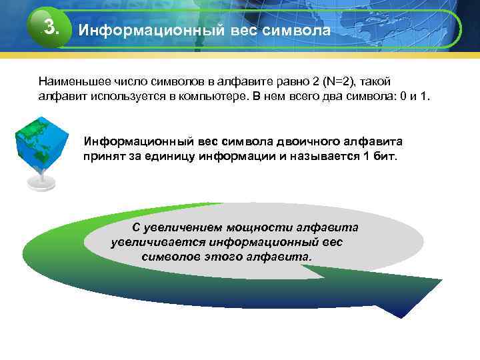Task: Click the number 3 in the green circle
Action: [x=50, y=27]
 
